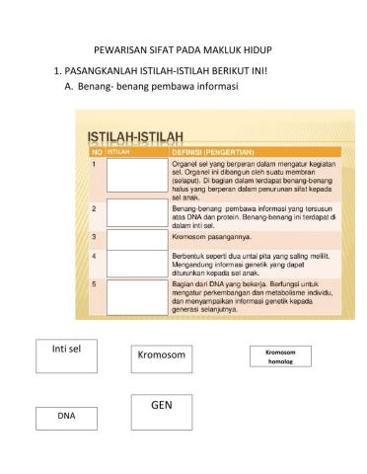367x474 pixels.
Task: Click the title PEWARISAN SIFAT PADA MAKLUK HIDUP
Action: pyautogui.click(x=182, y=48)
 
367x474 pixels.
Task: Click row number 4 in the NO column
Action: pyautogui.click(x=94, y=255)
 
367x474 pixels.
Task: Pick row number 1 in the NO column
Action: pyautogui.click(x=94, y=163)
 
